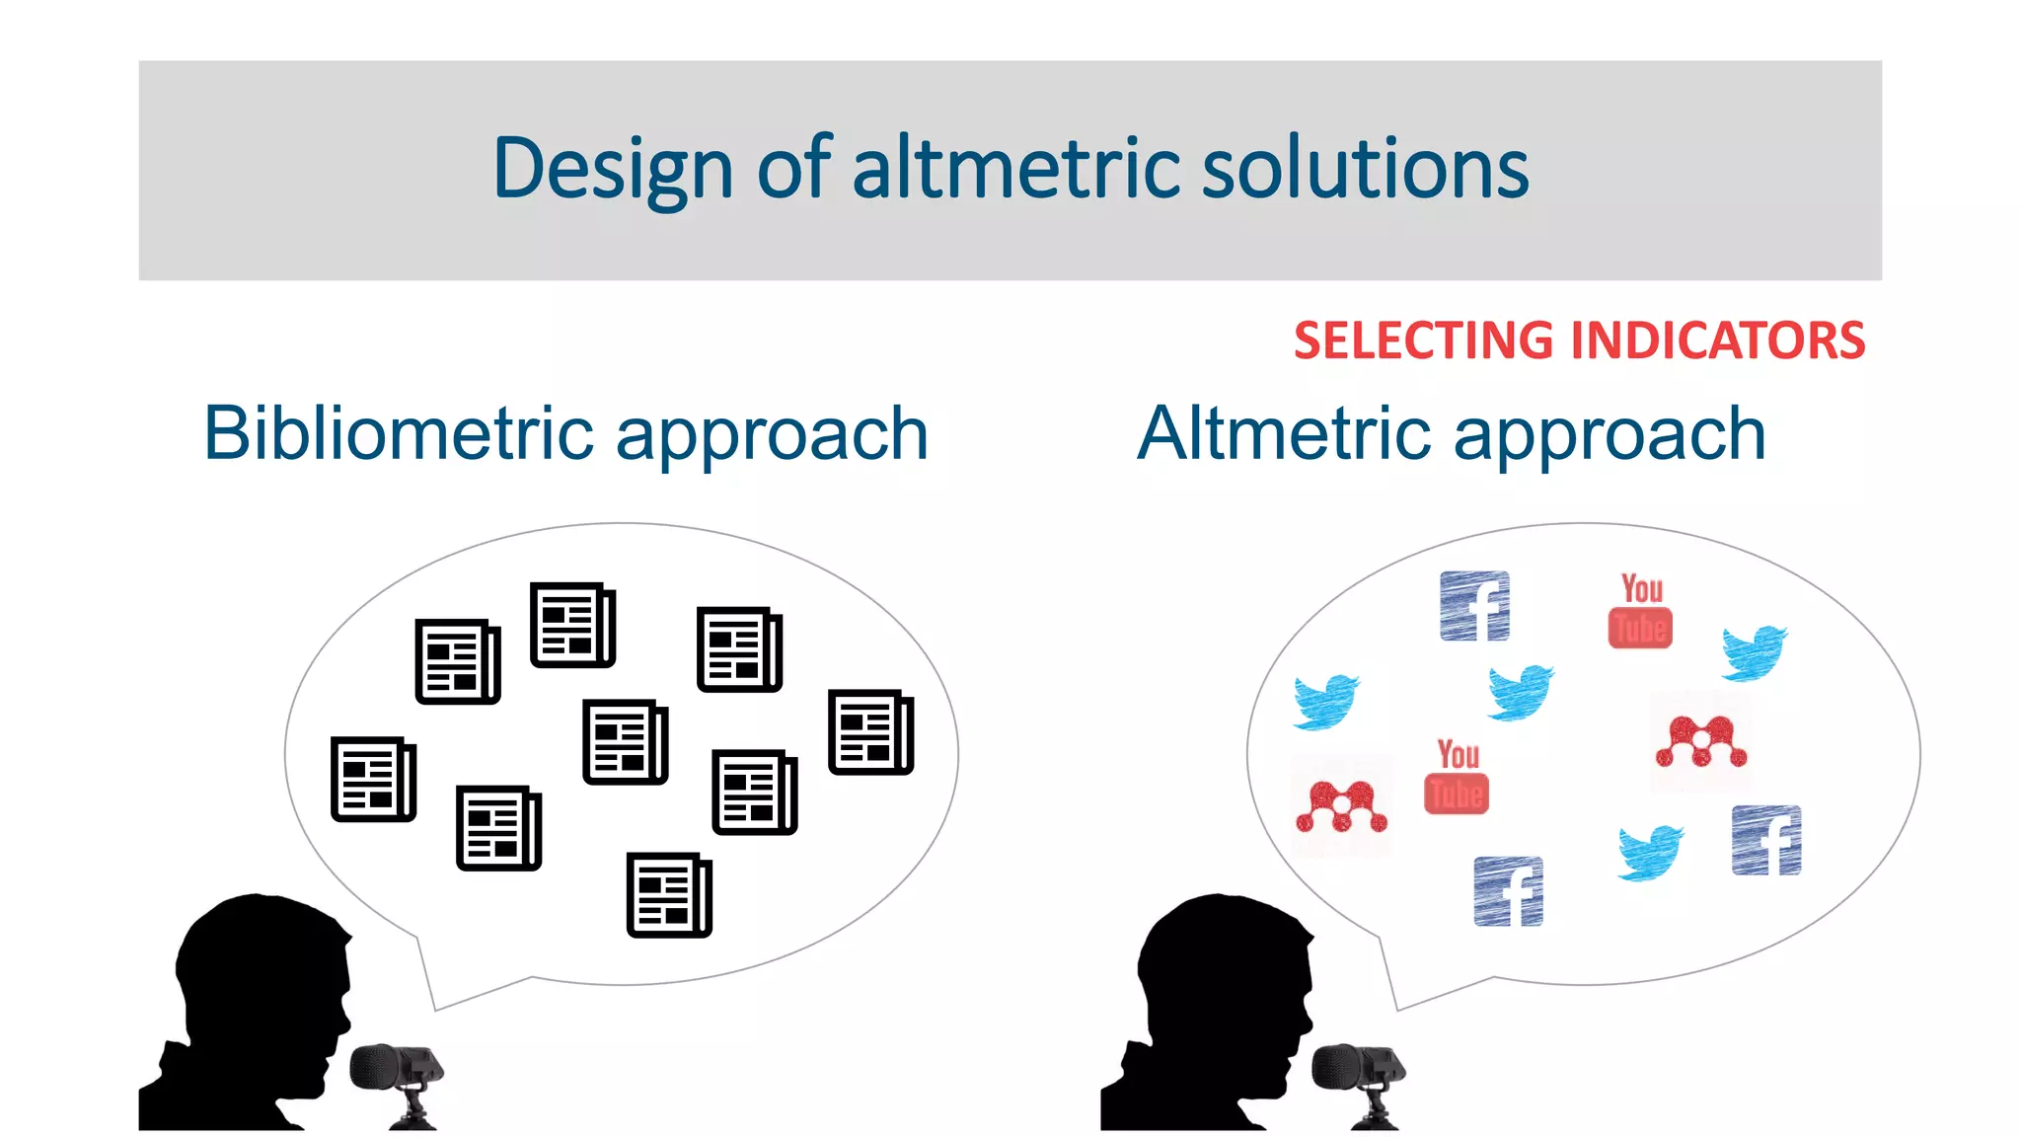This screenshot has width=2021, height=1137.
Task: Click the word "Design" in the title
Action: (x=612, y=170)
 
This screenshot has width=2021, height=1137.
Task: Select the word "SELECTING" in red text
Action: (x=1423, y=341)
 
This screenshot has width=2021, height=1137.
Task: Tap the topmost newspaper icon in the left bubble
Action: (x=572, y=625)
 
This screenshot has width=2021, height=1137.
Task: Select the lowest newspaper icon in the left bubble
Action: (x=669, y=894)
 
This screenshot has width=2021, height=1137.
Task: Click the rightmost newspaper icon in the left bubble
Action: (x=870, y=731)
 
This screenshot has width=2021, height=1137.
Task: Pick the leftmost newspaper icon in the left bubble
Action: (x=373, y=779)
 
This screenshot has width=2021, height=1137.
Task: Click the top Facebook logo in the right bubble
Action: (x=1474, y=606)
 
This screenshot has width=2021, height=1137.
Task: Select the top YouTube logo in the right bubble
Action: (x=1640, y=611)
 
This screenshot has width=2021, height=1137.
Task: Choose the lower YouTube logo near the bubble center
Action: (x=1457, y=777)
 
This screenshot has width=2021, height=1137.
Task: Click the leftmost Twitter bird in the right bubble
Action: (x=1325, y=701)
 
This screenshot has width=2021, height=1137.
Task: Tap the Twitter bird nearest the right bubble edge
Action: (x=1754, y=652)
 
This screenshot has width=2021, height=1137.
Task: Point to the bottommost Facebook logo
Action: (x=1508, y=891)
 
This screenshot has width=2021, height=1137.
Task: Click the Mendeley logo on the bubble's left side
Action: (x=1341, y=805)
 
